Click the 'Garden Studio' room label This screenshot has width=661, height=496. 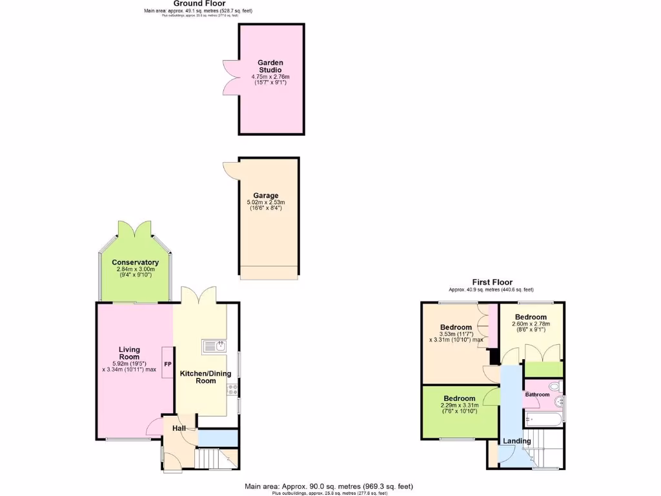pyautogui.click(x=271, y=66)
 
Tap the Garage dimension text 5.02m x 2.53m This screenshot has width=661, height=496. pyautogui.click(x=266, y=203)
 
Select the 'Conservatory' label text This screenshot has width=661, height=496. pyautogui.click(x=135, y=262)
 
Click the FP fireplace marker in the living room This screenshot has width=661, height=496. pyautogui.click(x=168, y=365)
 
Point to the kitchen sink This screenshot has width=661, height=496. pyautogui.click(x=213, y=347)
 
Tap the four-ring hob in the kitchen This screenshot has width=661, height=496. pyautogui.click(x=232, y=390)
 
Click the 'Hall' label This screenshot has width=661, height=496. pyautogui.click(x=179, y=428)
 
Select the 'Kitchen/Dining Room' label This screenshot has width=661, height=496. pyautogui.click(x=198, y=377)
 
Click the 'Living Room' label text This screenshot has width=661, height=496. pyautogui.click(x=129, y=353)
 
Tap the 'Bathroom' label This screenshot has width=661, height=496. pyautogui.click(x=536, y=394)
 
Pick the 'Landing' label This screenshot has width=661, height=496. pyautogui.click(x=517, y=441)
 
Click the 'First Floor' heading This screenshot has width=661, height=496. pyautogui.click(x=492, y=282)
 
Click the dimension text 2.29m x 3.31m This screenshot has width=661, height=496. pyautogui.click(x=460, y=405)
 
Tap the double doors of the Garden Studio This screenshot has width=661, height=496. pyautogui.click(x=230, y=77)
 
